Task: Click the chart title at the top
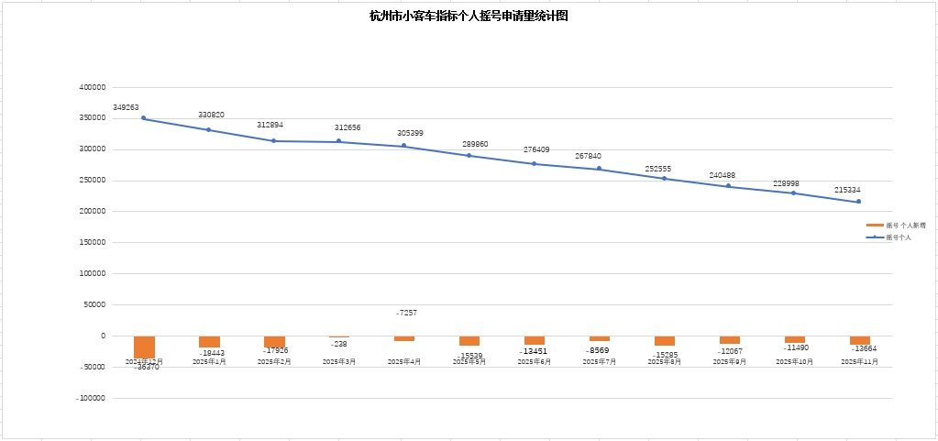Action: coord(469,16)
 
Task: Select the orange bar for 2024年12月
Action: coord(144,347)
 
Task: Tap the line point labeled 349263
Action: coord(144,118)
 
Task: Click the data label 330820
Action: coord(211,115)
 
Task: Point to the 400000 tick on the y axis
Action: coord(93,87)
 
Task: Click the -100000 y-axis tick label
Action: coord(91,398)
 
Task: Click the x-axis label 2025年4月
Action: coord(404,362)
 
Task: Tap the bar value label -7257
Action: coord(406,313)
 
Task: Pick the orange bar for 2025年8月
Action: coord(665,340)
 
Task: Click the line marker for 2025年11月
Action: coord(858,202)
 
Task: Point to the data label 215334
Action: coord(847,190)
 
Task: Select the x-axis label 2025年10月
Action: coord(794,362)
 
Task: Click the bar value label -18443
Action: coord(211,354)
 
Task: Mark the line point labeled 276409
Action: coord(535,164)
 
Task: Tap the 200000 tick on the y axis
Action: coord(93,212)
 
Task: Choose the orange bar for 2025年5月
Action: coord(469,340)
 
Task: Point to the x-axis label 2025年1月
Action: coord(209,362)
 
